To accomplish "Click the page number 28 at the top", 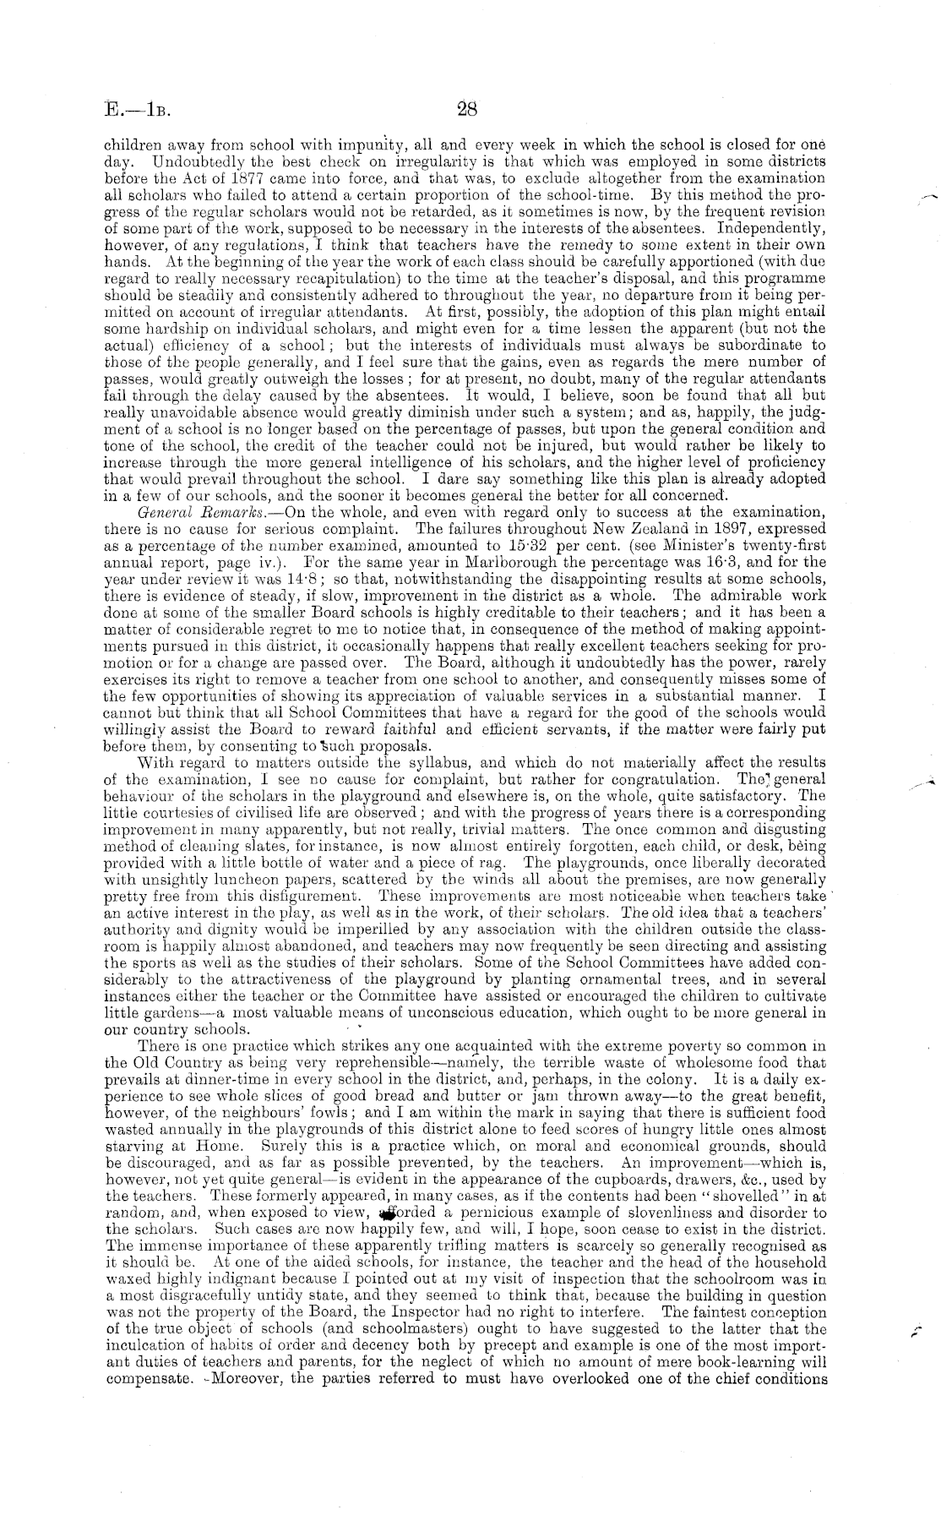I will [x=467, y=109].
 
